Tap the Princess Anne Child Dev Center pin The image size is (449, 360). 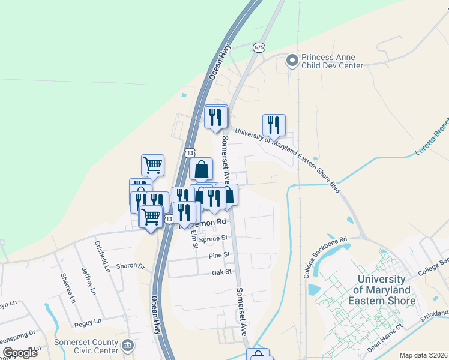(292, 61)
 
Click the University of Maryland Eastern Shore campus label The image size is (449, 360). (386, 290)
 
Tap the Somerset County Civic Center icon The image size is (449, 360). (128, 345)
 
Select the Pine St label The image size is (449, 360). (220, 255)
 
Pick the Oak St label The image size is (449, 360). (221, 272)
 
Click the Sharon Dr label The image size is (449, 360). (130, 266)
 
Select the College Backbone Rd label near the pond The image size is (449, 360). (325, 257)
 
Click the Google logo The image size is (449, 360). (20, 352)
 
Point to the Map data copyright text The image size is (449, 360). (424, 355)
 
